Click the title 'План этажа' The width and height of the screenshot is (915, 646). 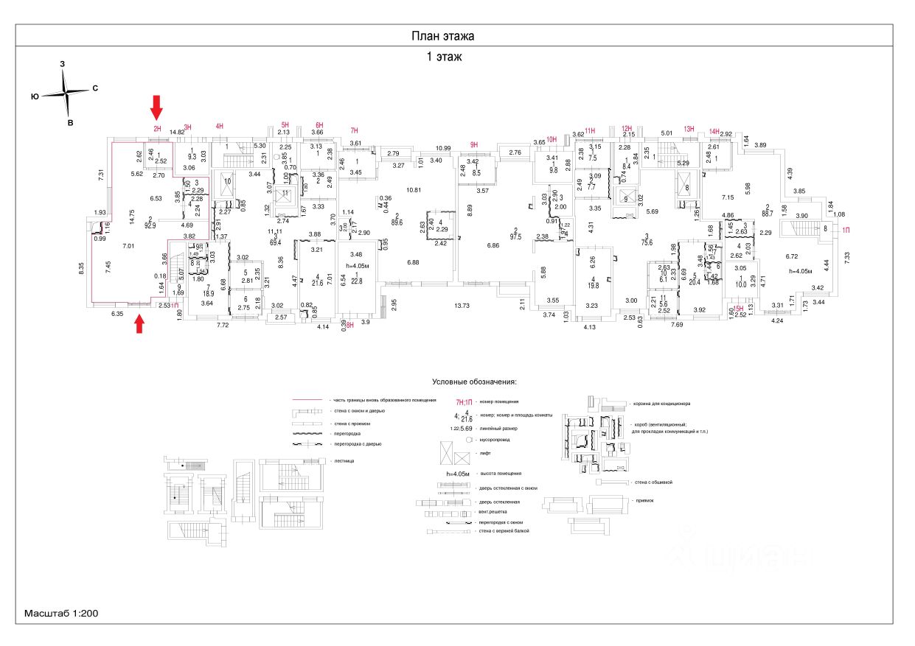[442, 36]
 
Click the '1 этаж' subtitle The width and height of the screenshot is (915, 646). [442, 57]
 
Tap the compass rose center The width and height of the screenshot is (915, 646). [66, 94]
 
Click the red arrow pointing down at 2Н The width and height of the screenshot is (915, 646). [156, 107]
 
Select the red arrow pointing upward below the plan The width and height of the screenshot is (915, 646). [139, 324]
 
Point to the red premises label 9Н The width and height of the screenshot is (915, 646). [474, 144]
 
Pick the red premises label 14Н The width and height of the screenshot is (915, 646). [714, 132]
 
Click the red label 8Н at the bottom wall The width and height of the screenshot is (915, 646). [349, 324]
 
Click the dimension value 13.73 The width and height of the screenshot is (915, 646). [462, 304]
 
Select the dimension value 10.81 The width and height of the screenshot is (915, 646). [413, 191]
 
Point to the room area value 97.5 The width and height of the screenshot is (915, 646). [516, 236]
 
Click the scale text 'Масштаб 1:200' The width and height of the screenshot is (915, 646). [62, 613]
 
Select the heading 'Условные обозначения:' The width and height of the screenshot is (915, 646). [475, 383]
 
